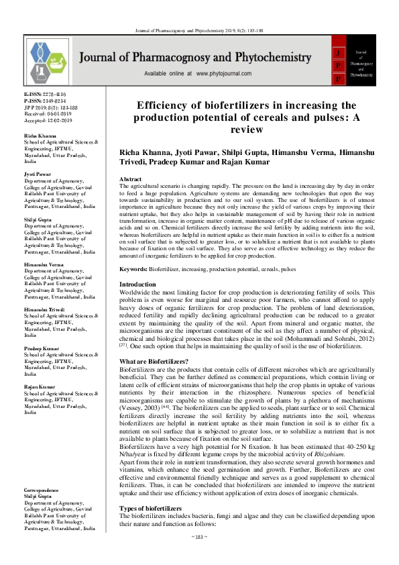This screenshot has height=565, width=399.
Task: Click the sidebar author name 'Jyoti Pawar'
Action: pos(38,174)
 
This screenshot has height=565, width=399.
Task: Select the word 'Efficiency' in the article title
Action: pos(168,105)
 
